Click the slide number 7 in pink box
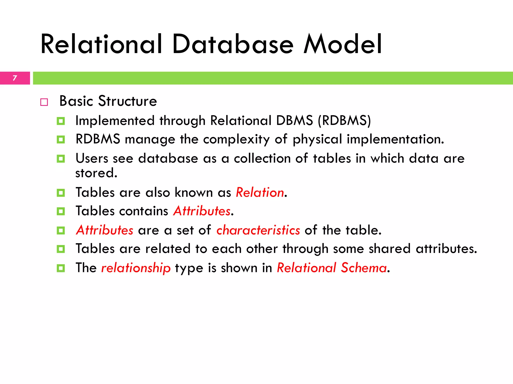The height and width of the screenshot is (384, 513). coord(15,78)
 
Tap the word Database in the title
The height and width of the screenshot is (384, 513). coord(233,44)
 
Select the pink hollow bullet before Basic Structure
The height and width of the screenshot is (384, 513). coord(44,102)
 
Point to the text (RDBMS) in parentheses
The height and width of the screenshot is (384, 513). coord(344,121)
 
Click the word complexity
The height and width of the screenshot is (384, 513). coord(236,139)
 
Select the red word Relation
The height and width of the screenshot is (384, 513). coord(260,192)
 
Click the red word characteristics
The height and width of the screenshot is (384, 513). coord(258,230)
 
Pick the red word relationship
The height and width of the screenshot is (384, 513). coord(136,268)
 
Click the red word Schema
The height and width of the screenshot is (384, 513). coord(363,268)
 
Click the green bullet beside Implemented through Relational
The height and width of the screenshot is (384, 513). coord(61,121)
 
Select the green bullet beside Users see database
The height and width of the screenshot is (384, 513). coord(61,159)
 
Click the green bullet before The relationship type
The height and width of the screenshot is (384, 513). coord(61,268)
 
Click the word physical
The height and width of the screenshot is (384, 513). coord(317,139)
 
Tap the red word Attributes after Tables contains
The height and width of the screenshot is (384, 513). coord(202,211)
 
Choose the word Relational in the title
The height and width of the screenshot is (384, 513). coord(101,44)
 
